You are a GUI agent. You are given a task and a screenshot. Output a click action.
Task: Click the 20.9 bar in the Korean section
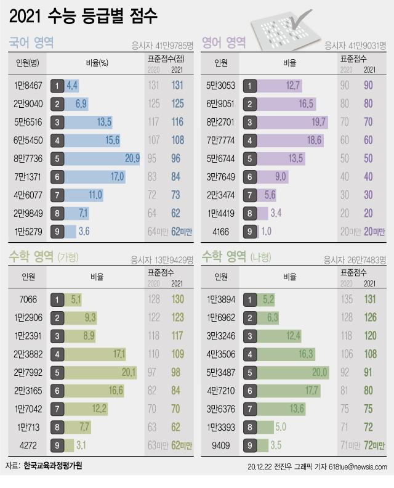coord(95,159)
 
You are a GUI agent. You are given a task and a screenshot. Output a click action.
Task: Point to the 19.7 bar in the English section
coord(286,123)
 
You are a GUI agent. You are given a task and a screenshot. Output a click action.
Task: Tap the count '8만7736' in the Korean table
coord(26,159)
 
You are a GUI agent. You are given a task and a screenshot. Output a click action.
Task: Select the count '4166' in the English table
coord(221,232)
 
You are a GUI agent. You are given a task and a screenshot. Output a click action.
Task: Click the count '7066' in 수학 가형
coord(28,300)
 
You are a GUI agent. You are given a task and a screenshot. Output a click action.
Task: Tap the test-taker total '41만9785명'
coord(163,45)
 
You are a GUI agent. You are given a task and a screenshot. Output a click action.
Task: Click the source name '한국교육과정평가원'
coord(52,466)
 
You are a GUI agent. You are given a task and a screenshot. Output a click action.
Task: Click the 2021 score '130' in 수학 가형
coord(178,300)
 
